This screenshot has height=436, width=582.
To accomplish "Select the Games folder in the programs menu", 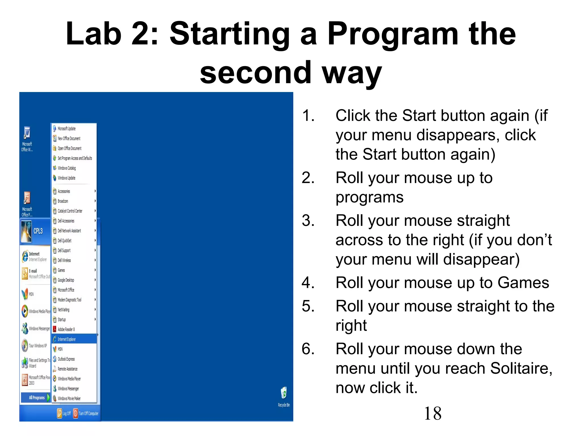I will [x=61, y=270].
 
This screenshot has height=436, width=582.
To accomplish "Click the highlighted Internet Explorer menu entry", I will [x=67, y=339].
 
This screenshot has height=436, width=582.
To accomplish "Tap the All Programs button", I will [x=36, y=398].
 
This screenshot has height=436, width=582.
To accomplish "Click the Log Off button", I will [x=64, y=414].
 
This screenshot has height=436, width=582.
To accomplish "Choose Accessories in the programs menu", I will [x=64, y=191].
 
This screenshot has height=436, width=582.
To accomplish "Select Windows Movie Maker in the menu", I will [x=69, y=399].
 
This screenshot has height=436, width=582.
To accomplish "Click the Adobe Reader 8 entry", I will [x=66, y=330].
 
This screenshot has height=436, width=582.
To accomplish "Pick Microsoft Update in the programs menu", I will [x=66, y=129].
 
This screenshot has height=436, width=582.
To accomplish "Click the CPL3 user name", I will [x=38, y=231].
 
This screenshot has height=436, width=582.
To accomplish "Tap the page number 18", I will [x=433, y=414].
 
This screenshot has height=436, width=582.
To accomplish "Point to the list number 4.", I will [x=308, y=283].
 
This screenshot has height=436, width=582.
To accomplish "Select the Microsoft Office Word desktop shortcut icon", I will [x=27, y=133].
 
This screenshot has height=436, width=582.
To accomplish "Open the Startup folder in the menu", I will [x=62, y=320].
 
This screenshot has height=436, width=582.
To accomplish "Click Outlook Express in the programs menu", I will [x=66, y=359].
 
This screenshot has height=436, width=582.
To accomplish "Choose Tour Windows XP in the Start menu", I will [x=38, y=346].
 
